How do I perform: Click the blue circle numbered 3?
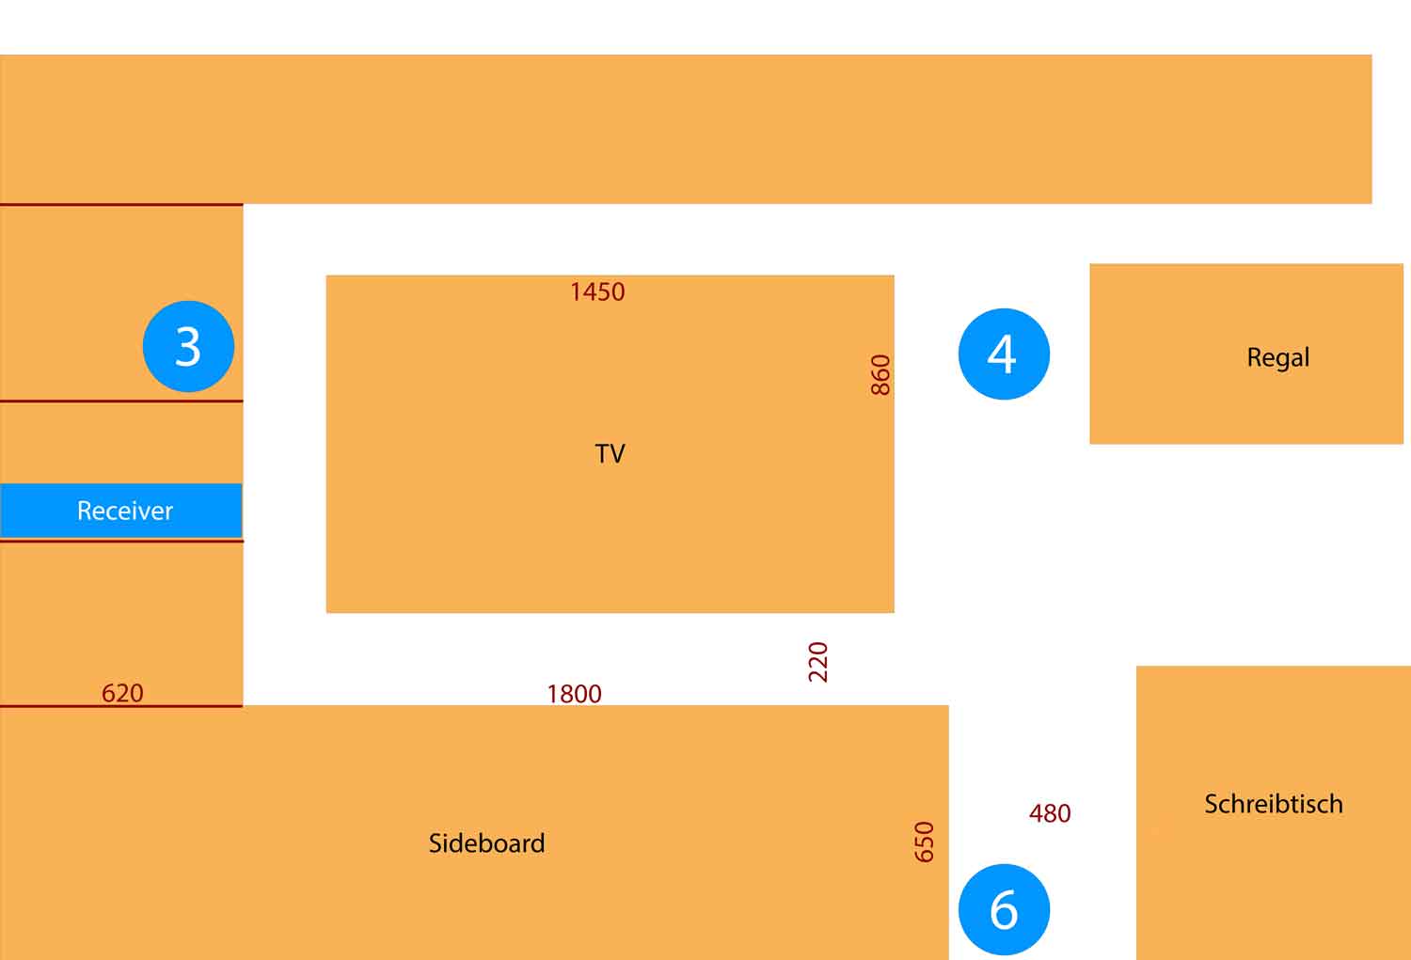coord(188,346)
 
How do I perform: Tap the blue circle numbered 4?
coord(1004,354)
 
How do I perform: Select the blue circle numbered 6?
coord(1004,909)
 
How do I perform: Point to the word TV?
coord(610,454)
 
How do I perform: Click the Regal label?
coord(1277,358)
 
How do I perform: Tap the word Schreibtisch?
coord(1273,804)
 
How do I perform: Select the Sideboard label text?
coord(486,843)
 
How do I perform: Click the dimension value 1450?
coord(597,292)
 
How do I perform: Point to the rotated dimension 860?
coord(880,375)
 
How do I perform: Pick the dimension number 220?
coord(818,662)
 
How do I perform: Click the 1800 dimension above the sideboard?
coord(574,694)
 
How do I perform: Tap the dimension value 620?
coord(122,693)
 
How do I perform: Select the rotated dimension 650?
coord(925,842)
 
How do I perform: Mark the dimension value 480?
coord(1050,813)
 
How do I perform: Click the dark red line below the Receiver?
coord(121,541)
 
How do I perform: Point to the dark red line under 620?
coord(121,706)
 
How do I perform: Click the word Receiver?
coord(124,511)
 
